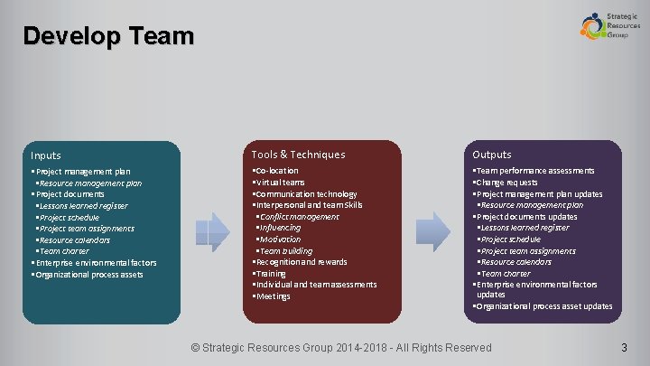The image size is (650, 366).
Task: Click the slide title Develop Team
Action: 108,36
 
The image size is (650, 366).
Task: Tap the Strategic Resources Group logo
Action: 609,24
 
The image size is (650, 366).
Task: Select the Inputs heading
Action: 46,155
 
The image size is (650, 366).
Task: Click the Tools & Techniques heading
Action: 298,155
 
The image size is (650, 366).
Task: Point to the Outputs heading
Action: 492,155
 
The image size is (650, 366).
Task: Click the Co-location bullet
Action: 277,171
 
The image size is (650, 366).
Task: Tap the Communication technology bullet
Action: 307,194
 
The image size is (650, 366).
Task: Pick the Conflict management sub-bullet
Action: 300,217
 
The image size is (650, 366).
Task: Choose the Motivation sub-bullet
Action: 281,239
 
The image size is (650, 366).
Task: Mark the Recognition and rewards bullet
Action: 302,262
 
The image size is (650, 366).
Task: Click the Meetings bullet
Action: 274,296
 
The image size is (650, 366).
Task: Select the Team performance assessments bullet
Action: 535,171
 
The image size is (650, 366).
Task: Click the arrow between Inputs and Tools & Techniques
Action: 215,231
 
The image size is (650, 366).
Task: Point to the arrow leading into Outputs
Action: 436,231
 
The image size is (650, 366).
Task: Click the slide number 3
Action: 624,348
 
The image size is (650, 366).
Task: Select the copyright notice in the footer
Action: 343,348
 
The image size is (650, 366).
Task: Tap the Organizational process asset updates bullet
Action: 544,306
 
